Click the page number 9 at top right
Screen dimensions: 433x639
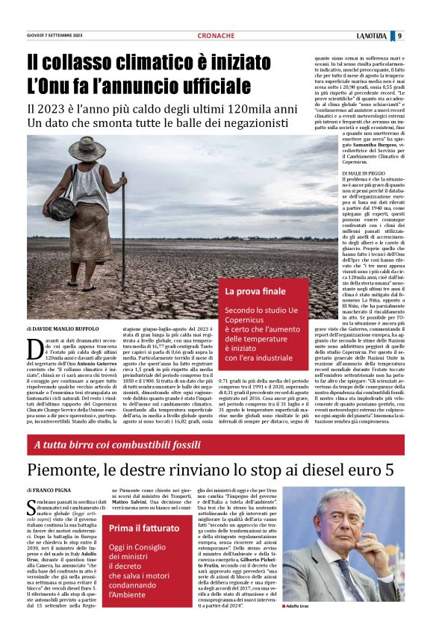(399, 36)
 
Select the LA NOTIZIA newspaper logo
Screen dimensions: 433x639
(370, 36)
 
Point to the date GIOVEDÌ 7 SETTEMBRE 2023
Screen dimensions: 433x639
(56, 36)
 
